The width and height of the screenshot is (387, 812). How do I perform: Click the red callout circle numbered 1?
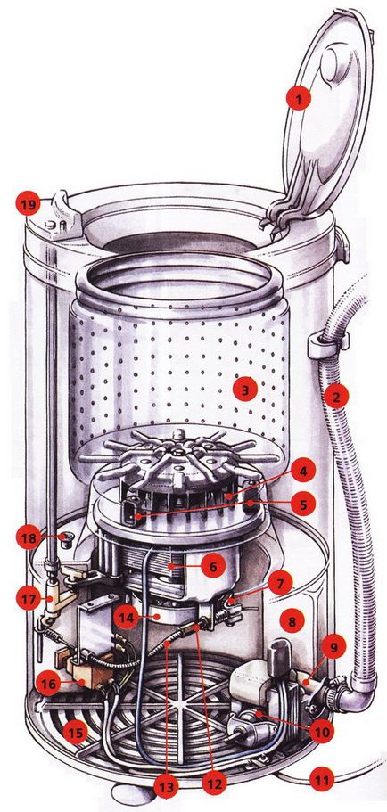click(297, 97)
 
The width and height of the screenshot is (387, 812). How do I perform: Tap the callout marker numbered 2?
click(335, 398)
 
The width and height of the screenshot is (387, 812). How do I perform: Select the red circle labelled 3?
click(245, 390)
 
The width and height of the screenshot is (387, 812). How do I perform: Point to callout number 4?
click(303, 473)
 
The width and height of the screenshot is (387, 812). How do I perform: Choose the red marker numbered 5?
click(303, 503)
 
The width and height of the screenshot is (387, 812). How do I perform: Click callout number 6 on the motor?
click(213, 567)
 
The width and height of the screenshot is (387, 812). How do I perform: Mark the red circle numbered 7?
click(280, 584)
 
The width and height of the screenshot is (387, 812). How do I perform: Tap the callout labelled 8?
click(292, 622)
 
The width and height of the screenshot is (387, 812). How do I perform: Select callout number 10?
click(321, 732)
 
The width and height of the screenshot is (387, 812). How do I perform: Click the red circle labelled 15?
click(76, 733)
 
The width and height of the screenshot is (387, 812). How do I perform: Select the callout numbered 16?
click(49, 685)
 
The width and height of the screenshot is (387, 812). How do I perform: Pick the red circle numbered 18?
click(28, 538)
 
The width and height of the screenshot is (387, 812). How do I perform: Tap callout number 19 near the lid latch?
click(28, 204)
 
